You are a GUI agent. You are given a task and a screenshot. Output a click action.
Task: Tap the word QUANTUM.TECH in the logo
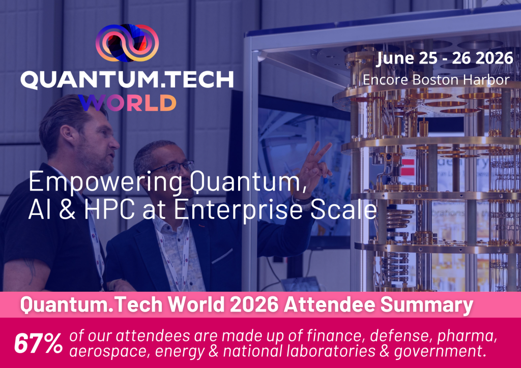127,80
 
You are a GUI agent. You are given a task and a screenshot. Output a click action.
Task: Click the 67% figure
38,344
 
